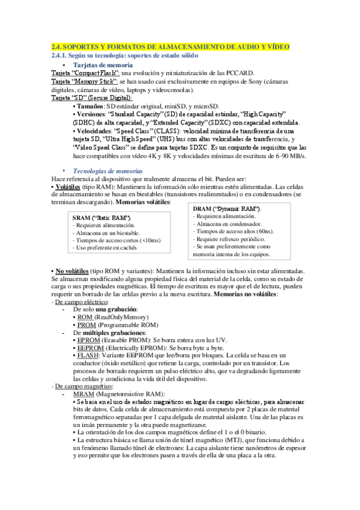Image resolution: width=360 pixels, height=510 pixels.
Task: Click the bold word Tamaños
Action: click(90, 106)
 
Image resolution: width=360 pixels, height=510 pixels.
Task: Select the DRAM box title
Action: click(226, 208)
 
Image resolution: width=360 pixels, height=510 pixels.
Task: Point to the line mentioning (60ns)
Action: click(237, 231)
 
